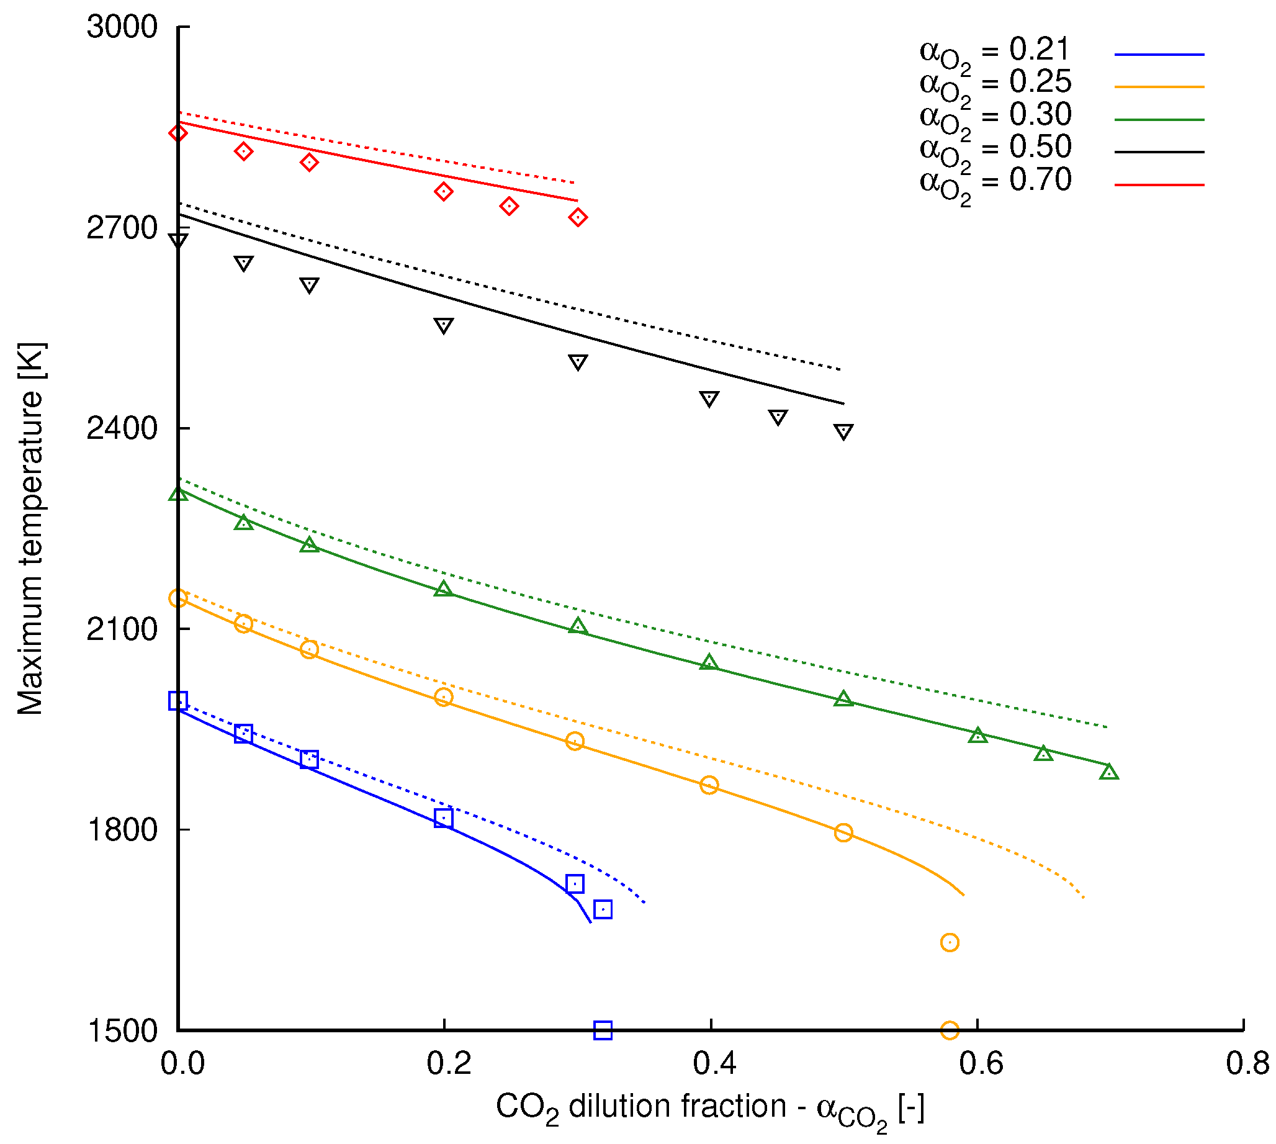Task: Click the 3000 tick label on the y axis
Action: [x=121, y=27]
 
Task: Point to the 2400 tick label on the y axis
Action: [x=121, y=429]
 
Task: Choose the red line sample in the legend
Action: [x=1159, y=186]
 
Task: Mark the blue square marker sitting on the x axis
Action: [x=603, y=1030]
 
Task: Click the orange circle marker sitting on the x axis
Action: [x=950, y=1030]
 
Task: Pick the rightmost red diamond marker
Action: [x=578, y=217]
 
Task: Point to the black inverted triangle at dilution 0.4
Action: [x=709, y=399]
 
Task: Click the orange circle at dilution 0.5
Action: [x=843, y=833]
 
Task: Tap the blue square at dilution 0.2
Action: [x=444, y=819]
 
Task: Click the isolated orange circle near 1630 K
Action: [x=950, y=943]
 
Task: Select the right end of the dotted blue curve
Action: [x=645, y=903]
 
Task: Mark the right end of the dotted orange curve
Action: [x=1084, y=898]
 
